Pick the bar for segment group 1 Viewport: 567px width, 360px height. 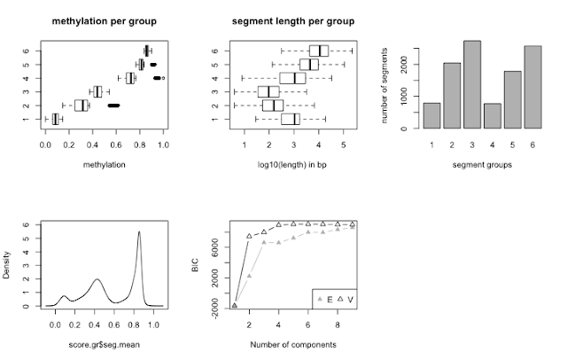click(x=431, y=116)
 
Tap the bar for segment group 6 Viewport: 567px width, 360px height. click(x=532, y=88)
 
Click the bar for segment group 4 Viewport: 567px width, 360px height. click(x=493, y=116)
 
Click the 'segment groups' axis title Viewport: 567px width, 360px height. click(x=482, y=166)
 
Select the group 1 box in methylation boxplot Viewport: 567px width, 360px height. click(x=56, y=119)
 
